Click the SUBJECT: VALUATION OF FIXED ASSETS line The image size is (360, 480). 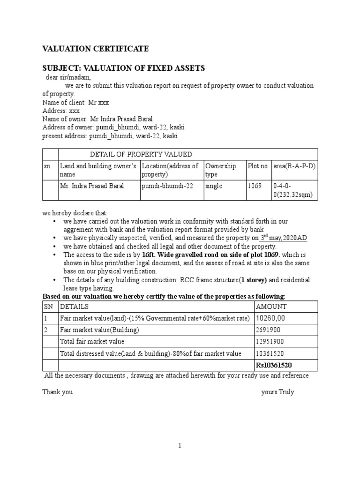point(124,68)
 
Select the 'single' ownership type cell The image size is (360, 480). point(214,186)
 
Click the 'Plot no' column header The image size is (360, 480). point(257,166)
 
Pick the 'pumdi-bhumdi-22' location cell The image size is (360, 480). point(164,186)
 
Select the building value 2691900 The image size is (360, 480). point(268,330)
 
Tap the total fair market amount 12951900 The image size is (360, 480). point(270,342)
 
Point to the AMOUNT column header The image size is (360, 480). point(271,307)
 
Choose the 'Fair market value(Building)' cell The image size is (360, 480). point(99,330)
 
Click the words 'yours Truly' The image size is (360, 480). point(277,392)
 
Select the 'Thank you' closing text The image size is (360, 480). point(57,392)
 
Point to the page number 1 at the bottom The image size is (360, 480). point(180,446)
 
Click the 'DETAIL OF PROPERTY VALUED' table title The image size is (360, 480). point(141,154)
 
